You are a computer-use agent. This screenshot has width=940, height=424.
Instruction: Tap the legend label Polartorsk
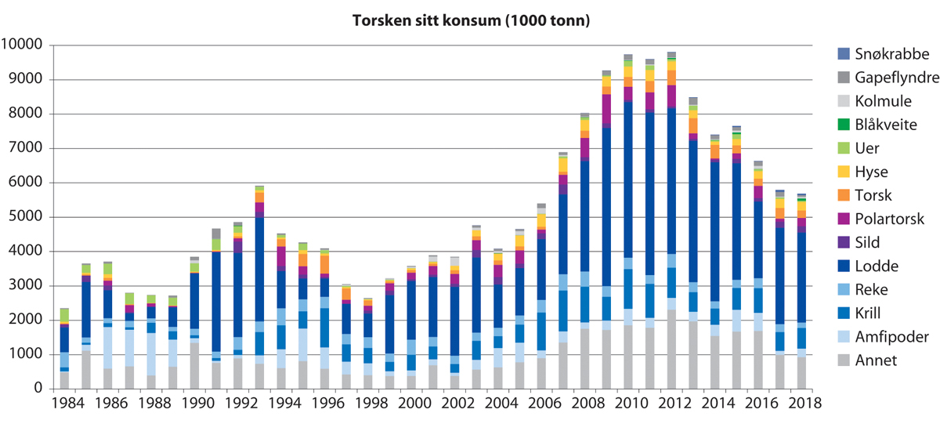click(878, 218)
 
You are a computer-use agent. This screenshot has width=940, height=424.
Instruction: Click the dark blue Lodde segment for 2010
click(628, 180)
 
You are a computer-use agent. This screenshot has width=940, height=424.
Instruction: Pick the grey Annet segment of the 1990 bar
click(194, 365)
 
